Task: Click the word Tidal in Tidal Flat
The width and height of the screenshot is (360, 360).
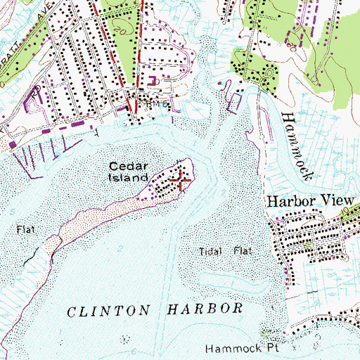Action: pyautogui.click(x=210, y=251)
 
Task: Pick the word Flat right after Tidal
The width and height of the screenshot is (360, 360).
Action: pyautogui.click(x=241, y=251)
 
